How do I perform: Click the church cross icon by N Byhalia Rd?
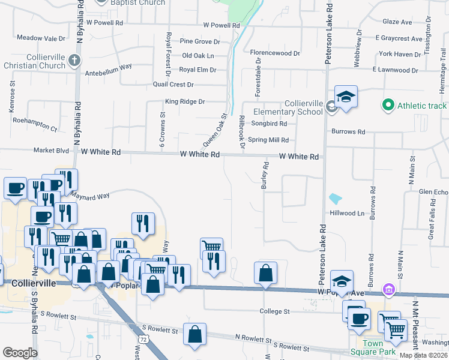74,59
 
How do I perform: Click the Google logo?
20,353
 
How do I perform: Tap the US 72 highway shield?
142,340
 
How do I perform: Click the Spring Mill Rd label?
269,140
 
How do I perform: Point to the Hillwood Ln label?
347,213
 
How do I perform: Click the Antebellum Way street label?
109,67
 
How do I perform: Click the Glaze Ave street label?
397,22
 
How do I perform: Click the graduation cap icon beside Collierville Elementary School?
346,97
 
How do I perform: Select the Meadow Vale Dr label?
41,38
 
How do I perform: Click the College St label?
275,311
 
